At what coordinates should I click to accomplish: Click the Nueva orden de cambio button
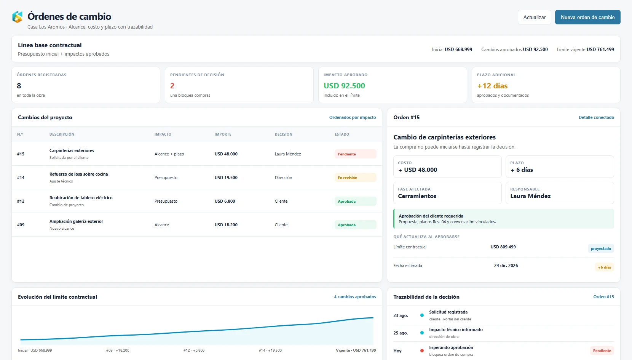[x=587, y=17]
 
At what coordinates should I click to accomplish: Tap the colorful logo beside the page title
[x=18, y=17]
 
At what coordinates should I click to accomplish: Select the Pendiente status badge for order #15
[x=355, y=154]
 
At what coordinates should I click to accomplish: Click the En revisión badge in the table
[x=355, y=178]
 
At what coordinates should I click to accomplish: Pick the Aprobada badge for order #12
[x=355, y=201]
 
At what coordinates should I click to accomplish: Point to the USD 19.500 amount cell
[x=226, y=178]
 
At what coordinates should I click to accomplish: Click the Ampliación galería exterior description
[x=76, y=221]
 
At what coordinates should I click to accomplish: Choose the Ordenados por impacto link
[x=353, y=117]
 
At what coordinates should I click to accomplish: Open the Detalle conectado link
[x=596, y=117]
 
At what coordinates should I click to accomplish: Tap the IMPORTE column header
[x=223, y=134]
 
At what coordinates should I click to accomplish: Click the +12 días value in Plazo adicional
[x=492, y=86]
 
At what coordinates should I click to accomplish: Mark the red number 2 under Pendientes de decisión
[x=172, y=86]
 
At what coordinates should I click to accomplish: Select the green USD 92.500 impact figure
[x=344, y=86]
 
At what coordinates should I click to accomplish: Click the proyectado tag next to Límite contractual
[x=601, y=248]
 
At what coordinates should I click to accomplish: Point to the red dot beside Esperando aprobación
[x=422, y=351]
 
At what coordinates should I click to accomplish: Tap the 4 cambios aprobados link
[x=355, y=297]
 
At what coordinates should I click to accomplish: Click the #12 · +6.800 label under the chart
[x=194, y=350]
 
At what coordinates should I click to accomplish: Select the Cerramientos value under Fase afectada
[x=417, y=196]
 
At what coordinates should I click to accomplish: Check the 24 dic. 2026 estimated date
[x=506, y=266]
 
